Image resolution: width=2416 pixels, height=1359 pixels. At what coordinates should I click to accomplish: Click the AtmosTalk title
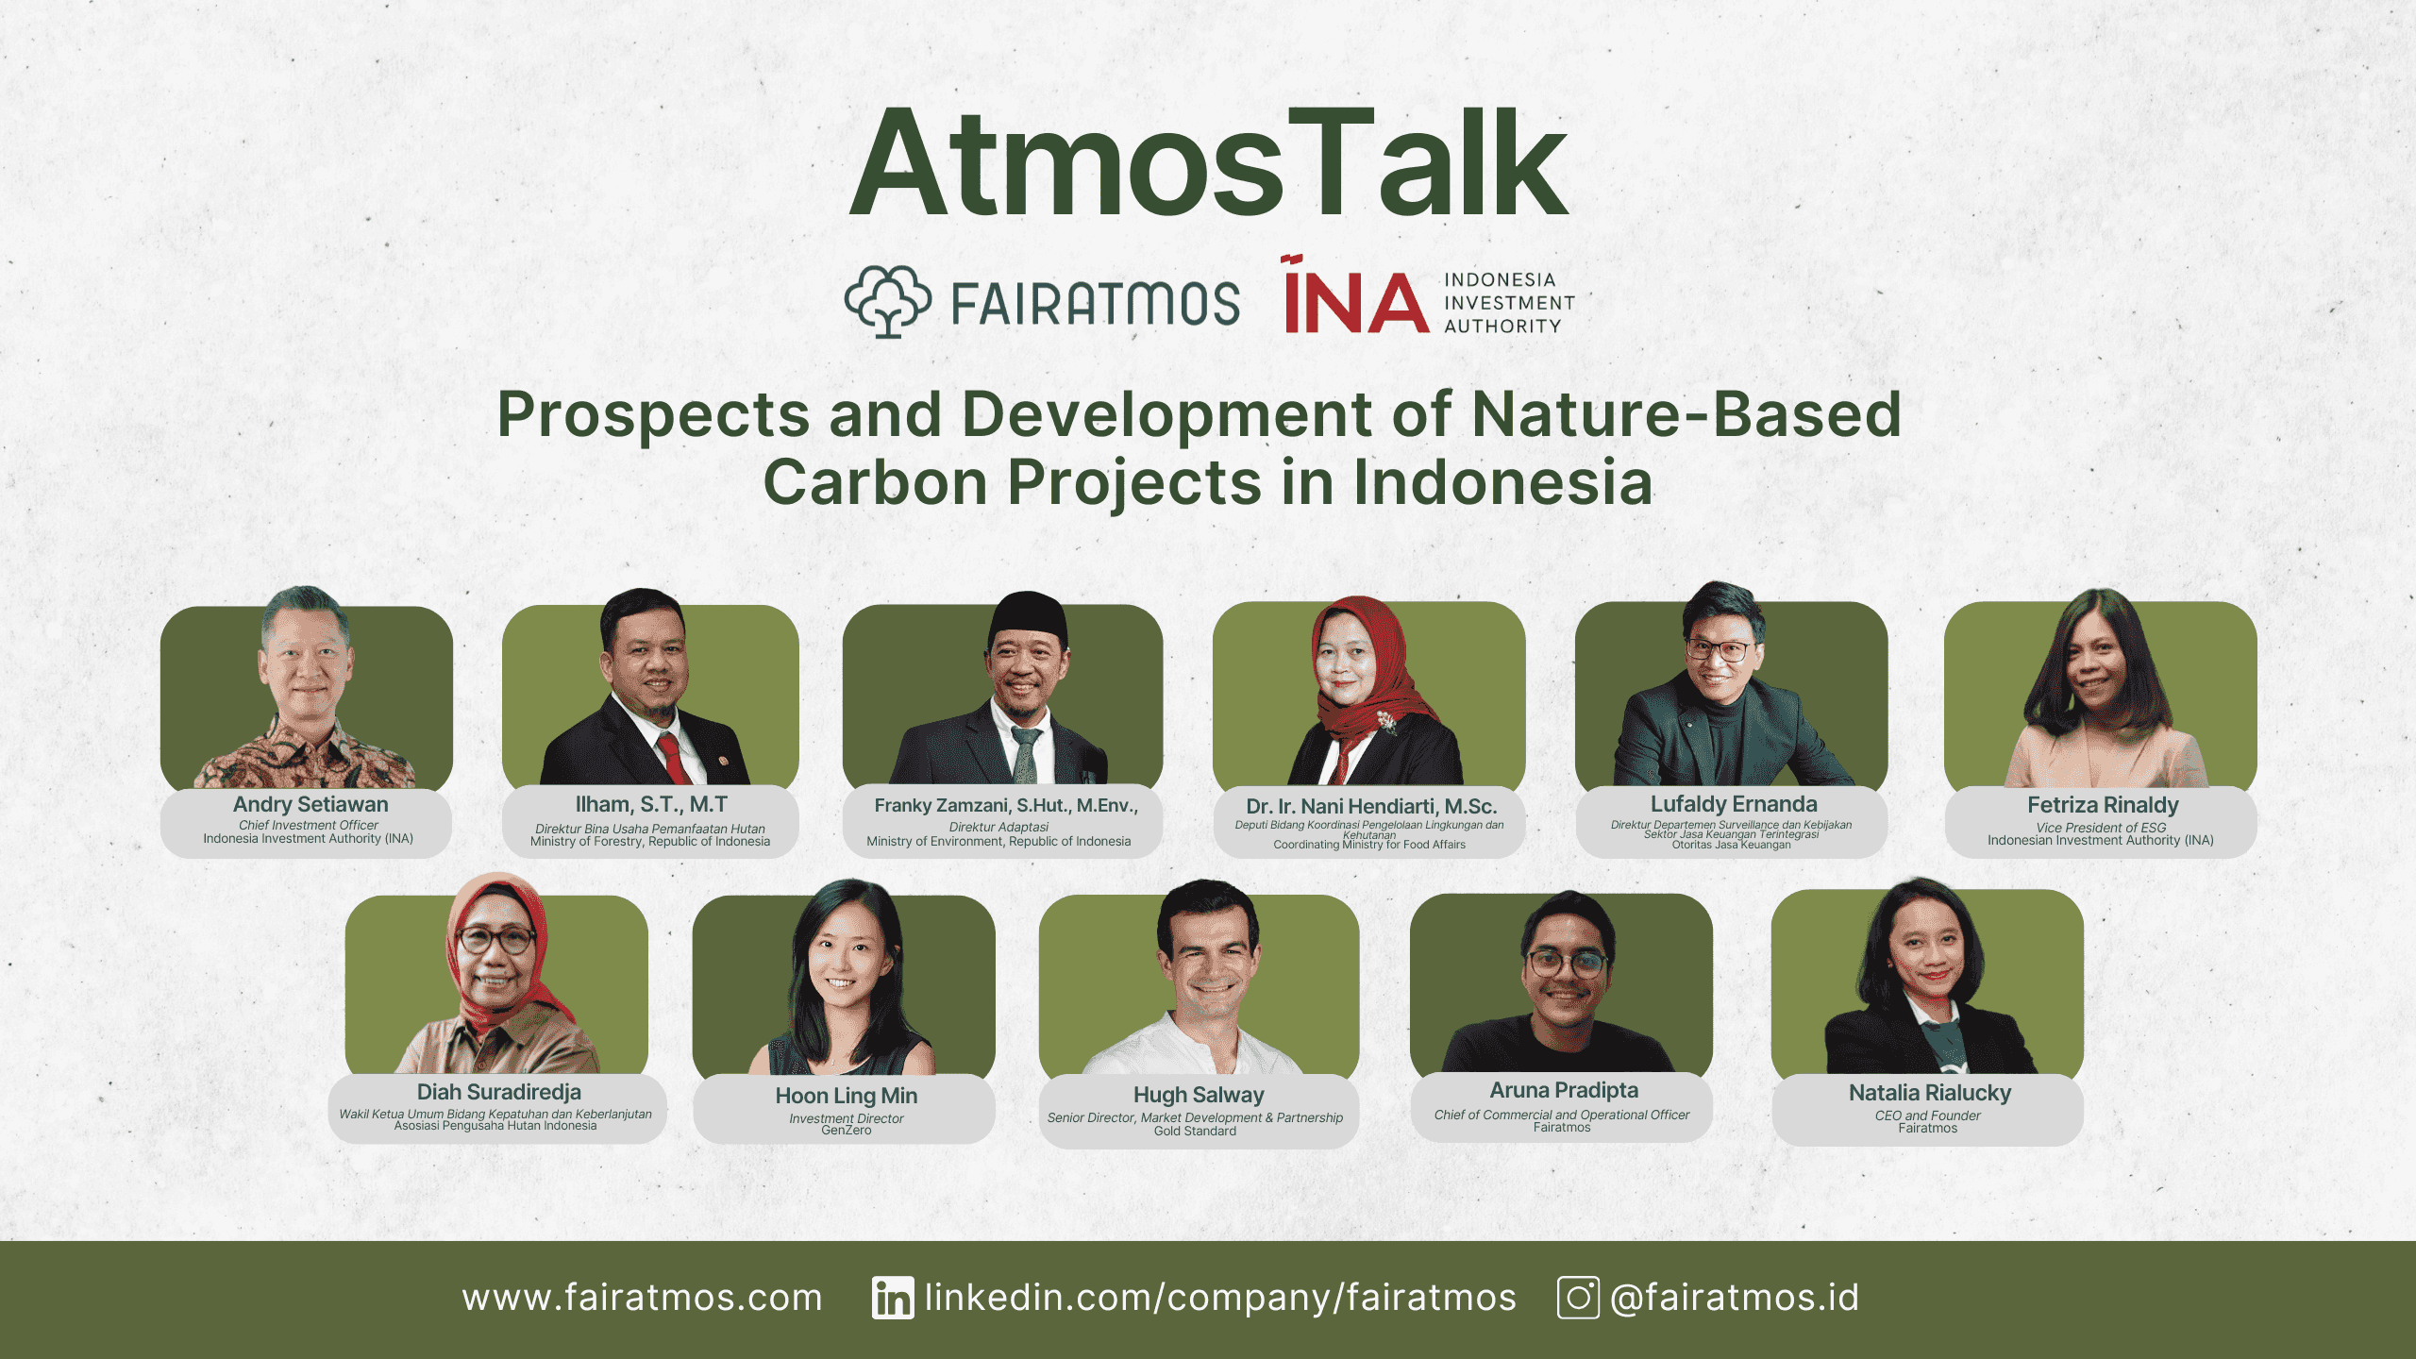coord(1208,165)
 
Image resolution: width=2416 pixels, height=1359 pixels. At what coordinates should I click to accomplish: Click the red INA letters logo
coord(1356,300)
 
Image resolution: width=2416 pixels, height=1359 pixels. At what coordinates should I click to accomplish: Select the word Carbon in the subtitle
coord(875,482)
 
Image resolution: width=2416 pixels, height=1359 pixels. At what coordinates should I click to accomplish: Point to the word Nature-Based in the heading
coord(1686,414)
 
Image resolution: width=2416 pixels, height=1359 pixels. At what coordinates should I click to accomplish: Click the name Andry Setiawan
coord(310,804)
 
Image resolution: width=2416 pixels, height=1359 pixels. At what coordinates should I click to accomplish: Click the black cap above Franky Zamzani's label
coord(1028,618)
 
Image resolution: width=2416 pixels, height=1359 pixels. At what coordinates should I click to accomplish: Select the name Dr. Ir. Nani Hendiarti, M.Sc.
coord(1370,806)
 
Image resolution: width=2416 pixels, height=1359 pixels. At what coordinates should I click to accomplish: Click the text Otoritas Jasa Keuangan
coord(1731,845)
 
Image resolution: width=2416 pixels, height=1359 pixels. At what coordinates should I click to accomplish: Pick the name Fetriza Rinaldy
coord(2102,805)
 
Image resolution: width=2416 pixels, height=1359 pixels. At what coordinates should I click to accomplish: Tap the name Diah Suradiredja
coord(498,1092)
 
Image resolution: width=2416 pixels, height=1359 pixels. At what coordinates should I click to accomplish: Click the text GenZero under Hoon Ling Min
coord(846,1131)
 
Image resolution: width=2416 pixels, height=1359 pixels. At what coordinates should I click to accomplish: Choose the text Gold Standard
coord(1195,1132)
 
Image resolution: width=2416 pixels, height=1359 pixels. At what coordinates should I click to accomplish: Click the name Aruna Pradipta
coord(1563,1090)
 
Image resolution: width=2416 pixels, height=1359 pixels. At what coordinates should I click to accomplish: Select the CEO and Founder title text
coord(1927,1116)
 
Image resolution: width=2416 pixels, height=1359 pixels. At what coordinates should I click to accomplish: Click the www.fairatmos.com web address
coord(642,1298)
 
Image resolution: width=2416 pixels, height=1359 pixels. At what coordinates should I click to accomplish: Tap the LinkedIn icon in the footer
coord(892,1298)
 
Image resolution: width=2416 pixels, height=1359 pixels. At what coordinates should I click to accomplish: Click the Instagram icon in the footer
coord(1577,1298)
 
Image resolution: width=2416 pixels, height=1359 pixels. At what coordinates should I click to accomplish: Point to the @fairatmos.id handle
coord(1735,1298)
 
